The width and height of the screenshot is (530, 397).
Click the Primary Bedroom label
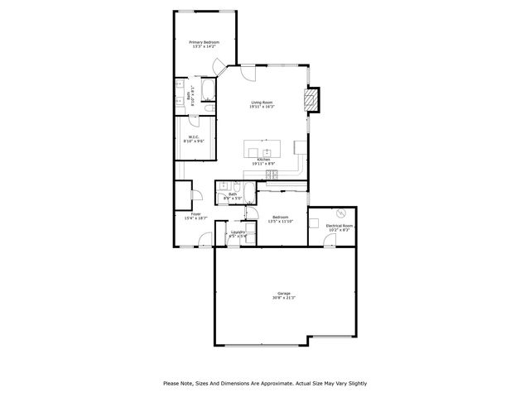tap(205, 41)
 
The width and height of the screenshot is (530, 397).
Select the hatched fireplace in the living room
tap(311, 100)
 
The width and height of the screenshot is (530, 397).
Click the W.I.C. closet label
tap(194, 137)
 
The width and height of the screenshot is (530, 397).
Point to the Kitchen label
tap(263, 160)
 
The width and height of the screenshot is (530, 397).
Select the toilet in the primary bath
tap(209, 108)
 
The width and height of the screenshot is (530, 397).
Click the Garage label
tap(283, 293)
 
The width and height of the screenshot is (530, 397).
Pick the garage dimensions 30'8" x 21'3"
tap(283, 298)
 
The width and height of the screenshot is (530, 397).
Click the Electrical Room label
tap(340, 225)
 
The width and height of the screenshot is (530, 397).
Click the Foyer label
tap(195, 213)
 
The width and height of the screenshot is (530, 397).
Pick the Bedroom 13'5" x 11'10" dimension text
tap(280, 222)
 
